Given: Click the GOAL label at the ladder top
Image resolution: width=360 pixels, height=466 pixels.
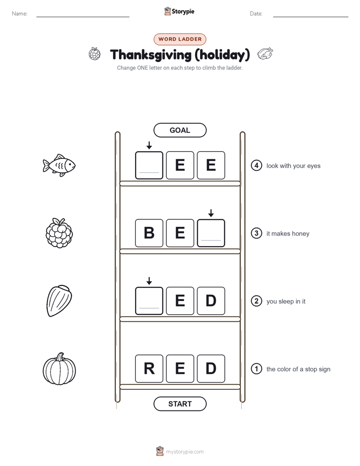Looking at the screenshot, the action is pos(179,130).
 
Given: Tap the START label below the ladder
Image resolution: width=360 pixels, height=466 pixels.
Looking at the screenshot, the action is pos(179,404).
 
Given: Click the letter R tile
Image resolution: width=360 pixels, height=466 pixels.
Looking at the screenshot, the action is pos(149,369).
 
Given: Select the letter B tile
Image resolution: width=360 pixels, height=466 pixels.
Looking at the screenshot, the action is pos(149,233).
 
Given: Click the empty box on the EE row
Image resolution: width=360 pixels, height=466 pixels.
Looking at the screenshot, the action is pos(149,165).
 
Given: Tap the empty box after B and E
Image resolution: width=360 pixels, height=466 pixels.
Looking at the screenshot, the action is pos(211,233).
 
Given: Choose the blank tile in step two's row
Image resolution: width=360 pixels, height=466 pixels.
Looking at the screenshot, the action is pos(149,301).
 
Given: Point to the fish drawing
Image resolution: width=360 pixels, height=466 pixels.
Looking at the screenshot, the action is pos(59,165).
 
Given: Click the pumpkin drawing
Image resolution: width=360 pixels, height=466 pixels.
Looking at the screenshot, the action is pos(59,369).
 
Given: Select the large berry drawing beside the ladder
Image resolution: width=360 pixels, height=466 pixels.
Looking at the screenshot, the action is pos(59,233).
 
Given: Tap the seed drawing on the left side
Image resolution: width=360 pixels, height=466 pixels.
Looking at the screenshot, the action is pos(59,301).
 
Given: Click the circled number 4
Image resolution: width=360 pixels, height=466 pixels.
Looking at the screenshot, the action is pos(256,165).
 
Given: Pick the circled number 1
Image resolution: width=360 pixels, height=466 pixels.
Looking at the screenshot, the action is pos(256,369).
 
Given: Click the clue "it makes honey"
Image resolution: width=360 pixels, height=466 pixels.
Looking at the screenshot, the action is pos(288,234).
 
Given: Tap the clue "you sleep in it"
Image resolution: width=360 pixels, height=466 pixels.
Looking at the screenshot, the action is pos(286,302).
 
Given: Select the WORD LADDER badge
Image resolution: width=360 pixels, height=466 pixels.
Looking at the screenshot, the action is pos(179,39).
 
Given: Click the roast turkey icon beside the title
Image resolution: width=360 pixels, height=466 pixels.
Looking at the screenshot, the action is pos(265,53).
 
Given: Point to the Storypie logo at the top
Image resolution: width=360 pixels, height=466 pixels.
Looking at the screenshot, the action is pos(179,11).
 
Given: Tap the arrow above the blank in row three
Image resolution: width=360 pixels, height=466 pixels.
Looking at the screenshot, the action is pos(211,213).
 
